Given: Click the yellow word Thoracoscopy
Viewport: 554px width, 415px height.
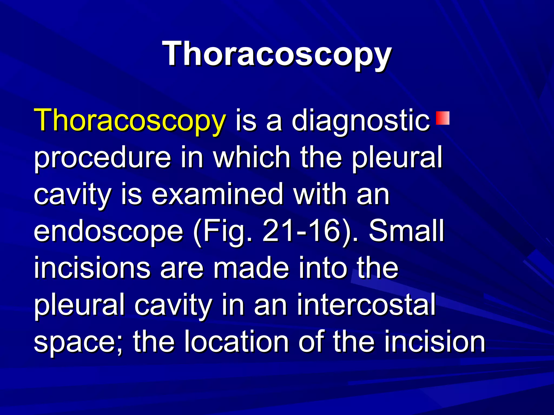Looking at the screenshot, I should pyautogui.click(x=130, y=120).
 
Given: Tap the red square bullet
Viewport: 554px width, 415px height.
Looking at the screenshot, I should pyautogui.click(x=443, y=118).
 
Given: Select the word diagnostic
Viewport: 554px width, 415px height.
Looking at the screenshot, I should pyautogui.click(x=361, y=120).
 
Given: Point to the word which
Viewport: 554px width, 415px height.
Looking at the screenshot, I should pyautogui.click(x=252, y=157).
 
